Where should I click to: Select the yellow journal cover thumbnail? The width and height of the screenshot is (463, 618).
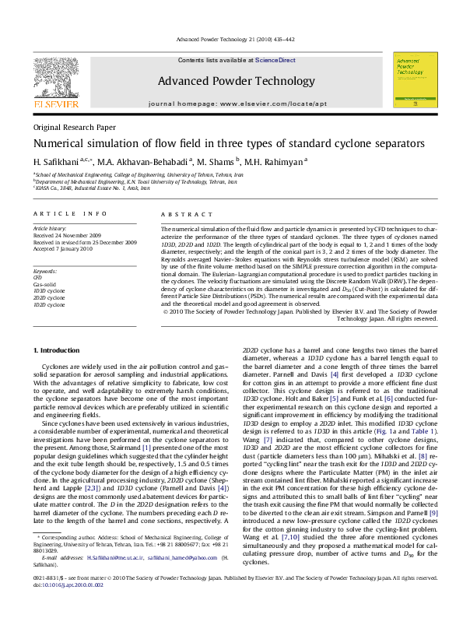[x=412, y=80]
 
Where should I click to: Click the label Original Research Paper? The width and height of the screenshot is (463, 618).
[x=74, y=127]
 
